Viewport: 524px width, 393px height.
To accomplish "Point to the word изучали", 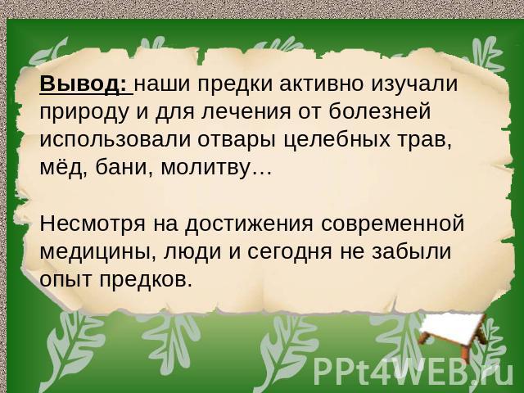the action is click(x=414, y=85).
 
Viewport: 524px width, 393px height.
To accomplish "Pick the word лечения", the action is click(x=246, y=113).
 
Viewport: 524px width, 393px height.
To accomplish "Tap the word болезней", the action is click(x=380, y=111).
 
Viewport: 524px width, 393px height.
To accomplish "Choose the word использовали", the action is click(x=115, y=139).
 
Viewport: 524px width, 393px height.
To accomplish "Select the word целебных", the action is click(x=337, y=140).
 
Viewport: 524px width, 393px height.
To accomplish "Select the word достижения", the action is click(x=249, y=224).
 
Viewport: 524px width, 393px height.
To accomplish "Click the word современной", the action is click(x=393, y=224).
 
